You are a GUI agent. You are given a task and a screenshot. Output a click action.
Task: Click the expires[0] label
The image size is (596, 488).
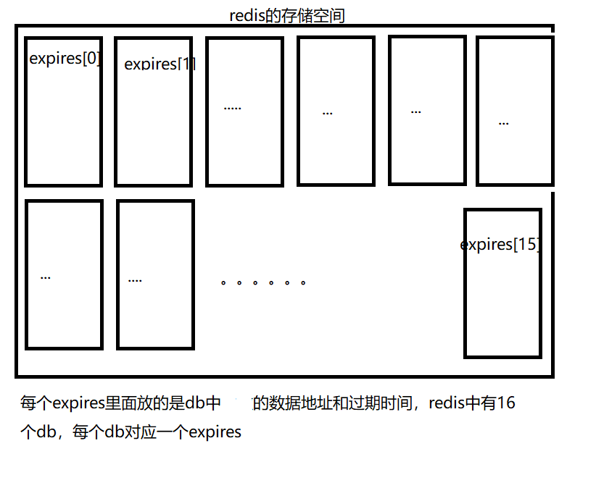[x=65, y=59]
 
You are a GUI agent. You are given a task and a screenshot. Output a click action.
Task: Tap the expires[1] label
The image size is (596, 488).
[x=160, y=64]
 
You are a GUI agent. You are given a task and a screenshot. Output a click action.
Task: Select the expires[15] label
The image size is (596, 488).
[x=500, y=245]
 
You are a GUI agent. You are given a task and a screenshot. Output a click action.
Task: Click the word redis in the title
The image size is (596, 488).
[x=247, y=16]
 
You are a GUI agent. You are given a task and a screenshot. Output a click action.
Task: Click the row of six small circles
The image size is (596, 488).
[x=263, y=282]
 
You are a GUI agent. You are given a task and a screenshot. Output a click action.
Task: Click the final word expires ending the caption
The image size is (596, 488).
[x=215, y=433]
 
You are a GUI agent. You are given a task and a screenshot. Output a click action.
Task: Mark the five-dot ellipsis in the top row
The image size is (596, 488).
[x=232, y=108]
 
